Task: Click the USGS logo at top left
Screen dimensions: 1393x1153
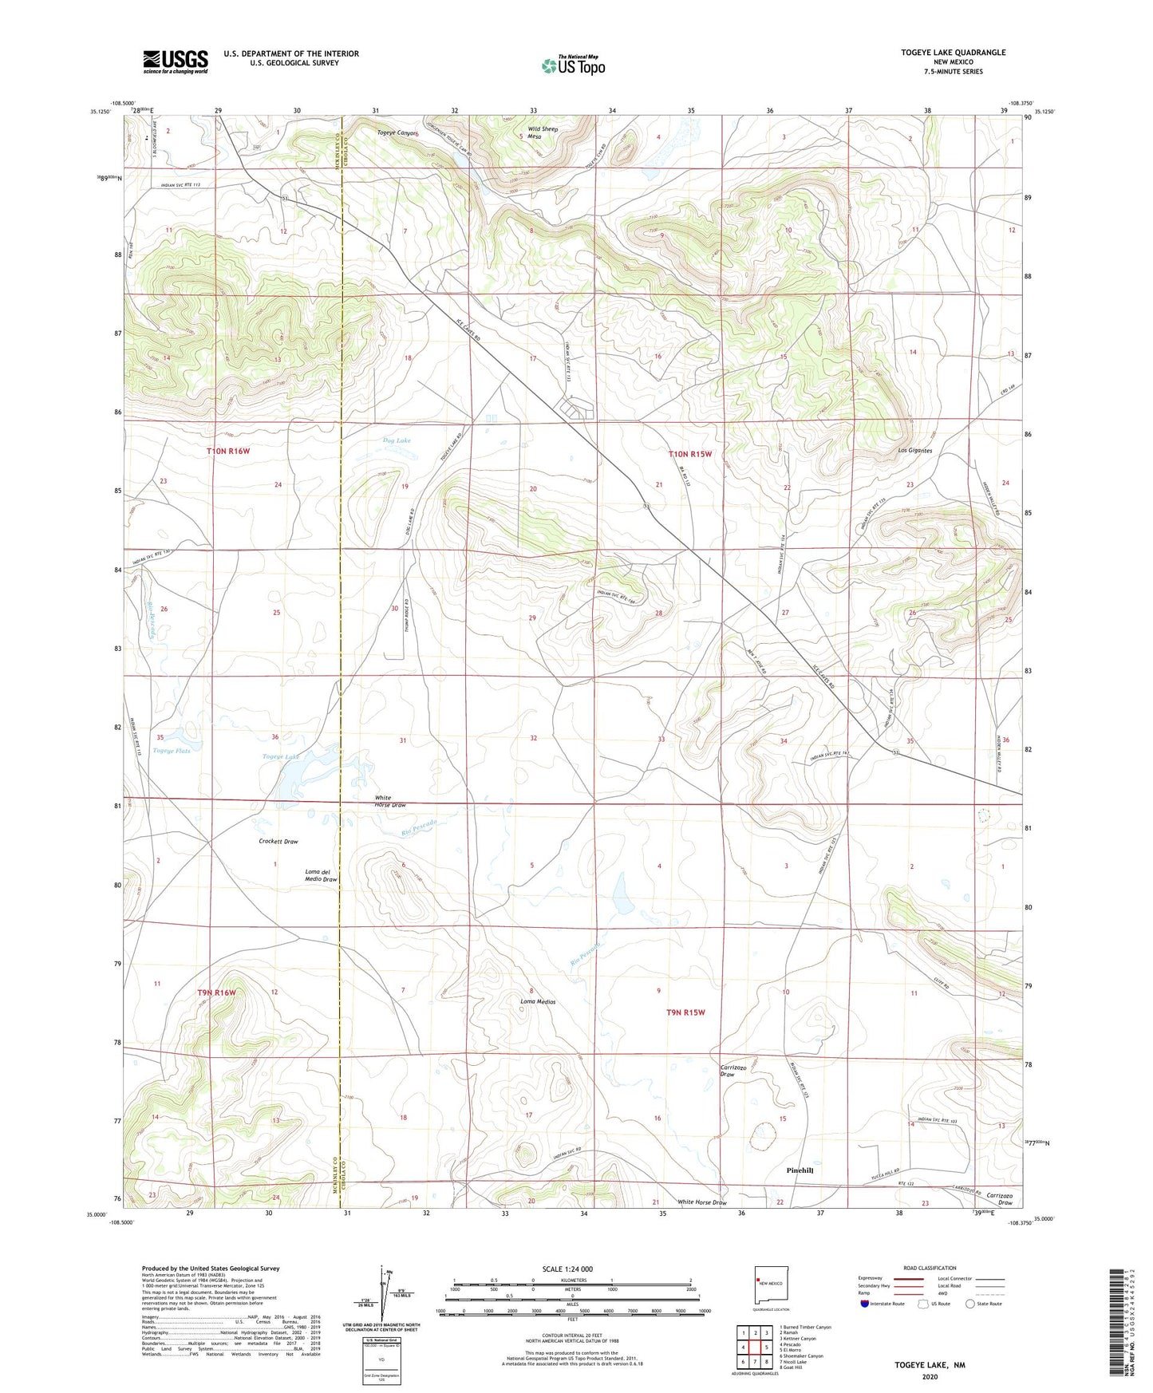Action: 176,61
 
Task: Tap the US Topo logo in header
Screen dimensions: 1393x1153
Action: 573,65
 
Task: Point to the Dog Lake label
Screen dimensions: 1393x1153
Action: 397,440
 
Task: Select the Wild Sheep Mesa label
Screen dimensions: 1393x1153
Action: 543,132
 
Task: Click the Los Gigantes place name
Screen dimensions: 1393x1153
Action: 914,451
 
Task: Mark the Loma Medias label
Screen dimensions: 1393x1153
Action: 538,1001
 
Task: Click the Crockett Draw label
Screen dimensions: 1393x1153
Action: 278,842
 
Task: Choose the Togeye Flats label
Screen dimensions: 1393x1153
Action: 172,751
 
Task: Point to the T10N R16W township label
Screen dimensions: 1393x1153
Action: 228,451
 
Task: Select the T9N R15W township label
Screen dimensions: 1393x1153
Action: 686,1012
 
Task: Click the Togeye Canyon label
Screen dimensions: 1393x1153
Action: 396,133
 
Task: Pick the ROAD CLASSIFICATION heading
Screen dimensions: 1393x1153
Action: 930,1268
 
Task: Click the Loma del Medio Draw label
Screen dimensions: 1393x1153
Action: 321,875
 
